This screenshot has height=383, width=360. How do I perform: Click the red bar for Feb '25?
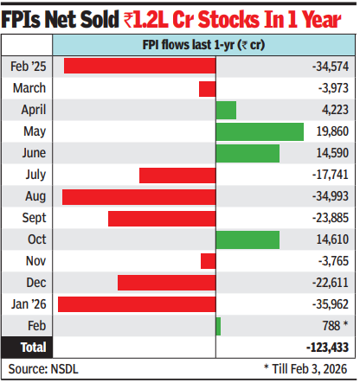click(138, 67)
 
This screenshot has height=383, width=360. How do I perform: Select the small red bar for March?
click(207, 88)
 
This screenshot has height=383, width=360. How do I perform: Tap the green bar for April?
click(226, 110)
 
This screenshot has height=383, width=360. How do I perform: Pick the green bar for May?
click(260, 131)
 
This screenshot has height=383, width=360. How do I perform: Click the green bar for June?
click(247, 153)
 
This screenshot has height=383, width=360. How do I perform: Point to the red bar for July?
click(177, 175)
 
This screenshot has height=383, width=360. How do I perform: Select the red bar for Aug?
click(138, 196)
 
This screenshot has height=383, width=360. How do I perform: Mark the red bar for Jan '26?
click(137, 304)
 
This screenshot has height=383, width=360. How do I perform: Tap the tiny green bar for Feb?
click(218, 326)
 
